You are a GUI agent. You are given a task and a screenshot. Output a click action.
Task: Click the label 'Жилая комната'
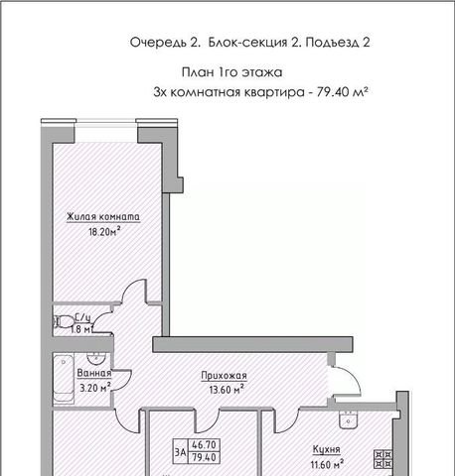103,217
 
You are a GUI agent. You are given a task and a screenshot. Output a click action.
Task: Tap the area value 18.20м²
104,231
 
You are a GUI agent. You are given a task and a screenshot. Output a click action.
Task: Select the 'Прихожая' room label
225,376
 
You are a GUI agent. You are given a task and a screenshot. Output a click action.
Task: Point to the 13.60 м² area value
227,390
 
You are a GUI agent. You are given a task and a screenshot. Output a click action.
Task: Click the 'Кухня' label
327,450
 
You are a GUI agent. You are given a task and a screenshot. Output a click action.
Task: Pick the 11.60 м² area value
327,464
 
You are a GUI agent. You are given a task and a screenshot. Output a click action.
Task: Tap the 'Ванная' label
94,373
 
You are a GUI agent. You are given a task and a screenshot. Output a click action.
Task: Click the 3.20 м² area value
95,387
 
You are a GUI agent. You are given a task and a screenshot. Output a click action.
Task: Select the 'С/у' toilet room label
82,317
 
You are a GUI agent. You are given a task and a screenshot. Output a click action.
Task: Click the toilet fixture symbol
64,321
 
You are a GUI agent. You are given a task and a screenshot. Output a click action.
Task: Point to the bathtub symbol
64,379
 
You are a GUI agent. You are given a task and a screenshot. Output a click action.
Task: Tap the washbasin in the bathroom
96,357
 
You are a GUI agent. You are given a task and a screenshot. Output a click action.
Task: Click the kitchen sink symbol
348,418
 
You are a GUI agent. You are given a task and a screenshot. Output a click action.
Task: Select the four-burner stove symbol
383,459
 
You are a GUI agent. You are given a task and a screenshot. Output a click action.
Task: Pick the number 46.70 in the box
205,445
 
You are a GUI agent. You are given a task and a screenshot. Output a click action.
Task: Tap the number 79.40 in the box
205,457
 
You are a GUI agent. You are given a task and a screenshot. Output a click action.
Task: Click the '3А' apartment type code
181,452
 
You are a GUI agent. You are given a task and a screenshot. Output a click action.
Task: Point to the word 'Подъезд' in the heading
331,43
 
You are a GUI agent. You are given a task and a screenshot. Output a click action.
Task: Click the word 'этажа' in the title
261,72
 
